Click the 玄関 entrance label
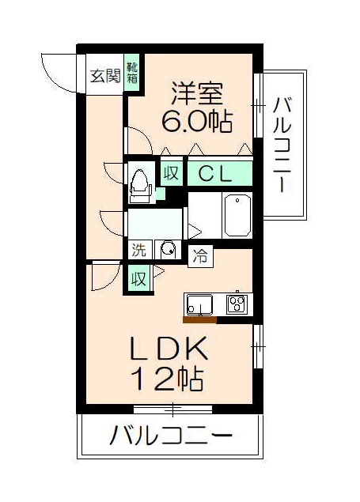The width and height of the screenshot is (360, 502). point(104,76)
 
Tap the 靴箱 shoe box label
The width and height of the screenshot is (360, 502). point(133,74)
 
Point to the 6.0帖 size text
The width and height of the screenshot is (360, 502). point(196,122)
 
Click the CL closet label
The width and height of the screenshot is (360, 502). point(214,173)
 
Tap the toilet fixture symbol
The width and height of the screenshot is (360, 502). point(141,183)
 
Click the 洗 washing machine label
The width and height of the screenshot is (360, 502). point(139,251)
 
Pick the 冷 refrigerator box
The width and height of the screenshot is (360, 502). point(202,255)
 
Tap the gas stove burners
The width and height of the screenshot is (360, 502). point(237,303)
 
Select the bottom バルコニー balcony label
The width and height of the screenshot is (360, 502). point(171,436)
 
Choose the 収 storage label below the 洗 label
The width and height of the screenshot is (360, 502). point(138,279)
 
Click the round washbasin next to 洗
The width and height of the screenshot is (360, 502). point(167,251)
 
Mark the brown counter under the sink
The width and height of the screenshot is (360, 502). point(199,320)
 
